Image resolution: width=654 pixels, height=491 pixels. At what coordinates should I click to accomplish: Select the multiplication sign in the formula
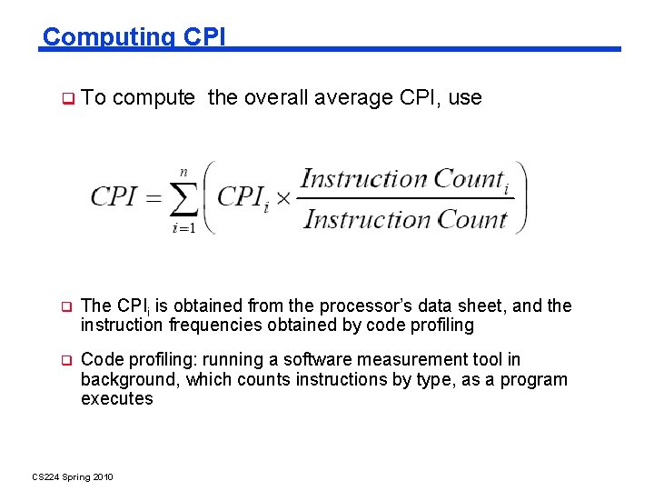click(x=283, y=198)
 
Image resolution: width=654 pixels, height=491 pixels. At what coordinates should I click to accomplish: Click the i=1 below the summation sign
click(x=183, y=228)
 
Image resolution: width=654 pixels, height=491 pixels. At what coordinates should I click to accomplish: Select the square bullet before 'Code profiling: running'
click(x=66, y=361)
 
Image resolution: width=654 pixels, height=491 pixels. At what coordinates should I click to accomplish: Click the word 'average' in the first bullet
click(x=356, y=98)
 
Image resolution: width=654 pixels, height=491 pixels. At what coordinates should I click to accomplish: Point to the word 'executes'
click(x=117, y=399)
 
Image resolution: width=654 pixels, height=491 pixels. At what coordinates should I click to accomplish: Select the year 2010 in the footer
click(x=100, y=477)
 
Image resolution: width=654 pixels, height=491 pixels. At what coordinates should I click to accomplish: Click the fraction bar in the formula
click(x=404, y=199)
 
